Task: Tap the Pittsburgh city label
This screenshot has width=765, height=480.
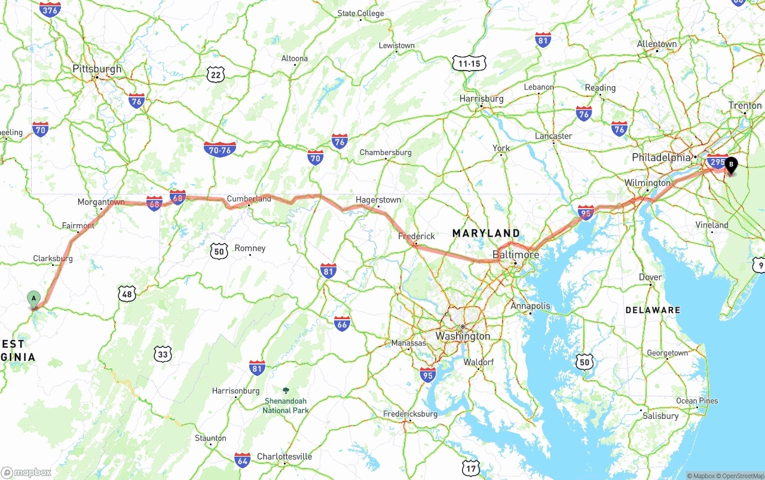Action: coord(97,69)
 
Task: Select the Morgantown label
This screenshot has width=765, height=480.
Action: coord(101,202)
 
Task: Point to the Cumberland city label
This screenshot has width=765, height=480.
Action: coord(249,198)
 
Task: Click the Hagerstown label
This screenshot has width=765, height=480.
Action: coord(378,200)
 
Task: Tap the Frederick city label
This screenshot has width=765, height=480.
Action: coord(416,236)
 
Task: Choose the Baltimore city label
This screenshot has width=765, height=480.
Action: coord(515,255)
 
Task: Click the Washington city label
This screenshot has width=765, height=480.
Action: coord(462,336)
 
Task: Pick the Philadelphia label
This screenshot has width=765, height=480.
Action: coord(661,158)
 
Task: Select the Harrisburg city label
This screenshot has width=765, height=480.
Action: coord(481,99)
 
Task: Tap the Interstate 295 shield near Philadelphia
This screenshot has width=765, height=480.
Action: coord(717,161)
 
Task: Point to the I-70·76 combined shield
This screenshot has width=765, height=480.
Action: coord(219,149)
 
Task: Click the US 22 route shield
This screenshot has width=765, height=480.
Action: coord(216,74)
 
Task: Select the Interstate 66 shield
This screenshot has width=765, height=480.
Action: coord(342,324)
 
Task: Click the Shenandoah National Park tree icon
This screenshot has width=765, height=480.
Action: coord(285,390)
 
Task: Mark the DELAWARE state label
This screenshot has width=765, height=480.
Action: coord(653,310)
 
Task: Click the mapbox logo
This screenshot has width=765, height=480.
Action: coord(26,472)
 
